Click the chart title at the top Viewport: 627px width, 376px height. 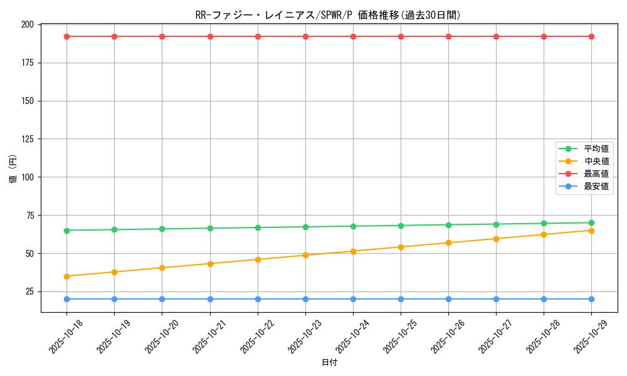(x=328, y=15)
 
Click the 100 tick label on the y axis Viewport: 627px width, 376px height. (x=28, y=177)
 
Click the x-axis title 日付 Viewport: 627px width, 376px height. (x=329, y=363)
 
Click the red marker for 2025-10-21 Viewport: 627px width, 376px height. (x=210, y=36)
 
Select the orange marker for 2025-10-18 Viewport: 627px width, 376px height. (x=66, y=276)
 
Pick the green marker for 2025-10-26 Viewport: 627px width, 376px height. (x=448, y=225)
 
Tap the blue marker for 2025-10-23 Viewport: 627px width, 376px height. (x=305, y=299)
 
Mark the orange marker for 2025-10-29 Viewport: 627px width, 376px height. (x=591, y=231)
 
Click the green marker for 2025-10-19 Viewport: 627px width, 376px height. (x=114, y=229)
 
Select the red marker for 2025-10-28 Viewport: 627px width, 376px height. (x=544, y=36)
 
